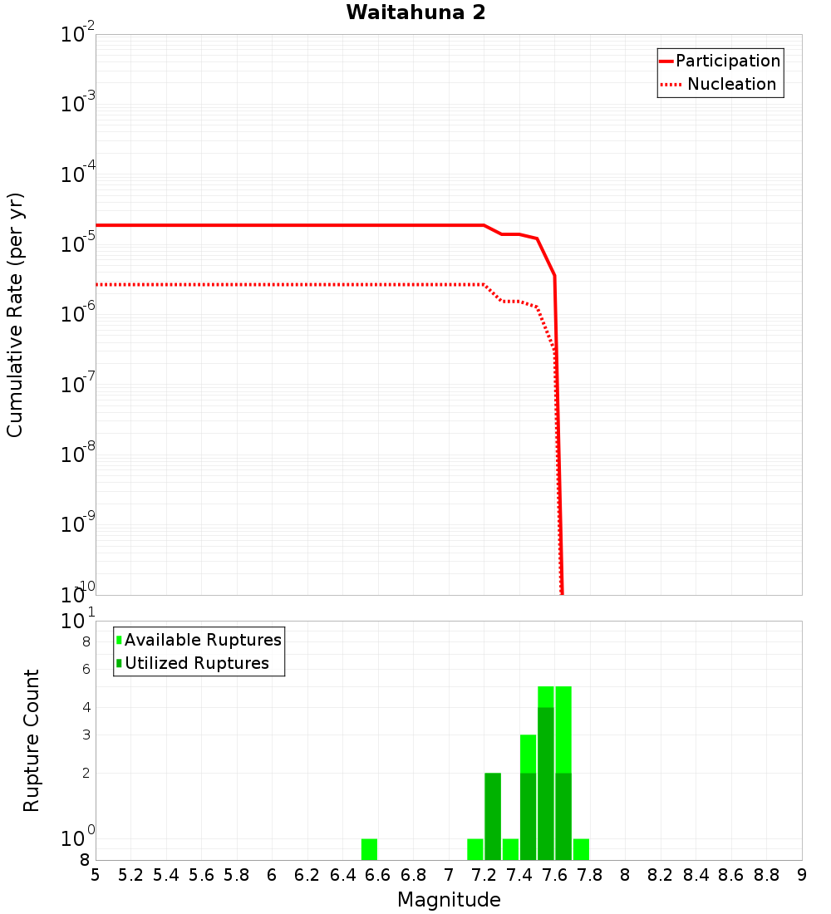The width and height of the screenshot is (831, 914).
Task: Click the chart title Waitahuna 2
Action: coord(415,12)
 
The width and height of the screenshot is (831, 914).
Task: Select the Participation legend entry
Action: coord(727,61)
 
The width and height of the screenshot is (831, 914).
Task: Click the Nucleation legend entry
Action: coord(730,84)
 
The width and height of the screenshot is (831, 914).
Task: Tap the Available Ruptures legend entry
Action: coord(202,640)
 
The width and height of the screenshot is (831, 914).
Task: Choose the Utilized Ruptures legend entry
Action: coord(196,663)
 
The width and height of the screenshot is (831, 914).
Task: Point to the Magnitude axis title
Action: coord(449,900)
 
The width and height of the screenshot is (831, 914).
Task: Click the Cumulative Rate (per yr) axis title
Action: coord(15,314)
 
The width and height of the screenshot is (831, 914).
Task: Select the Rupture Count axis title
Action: coord(32,740)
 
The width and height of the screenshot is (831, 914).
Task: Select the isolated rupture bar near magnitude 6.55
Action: coord(369,849)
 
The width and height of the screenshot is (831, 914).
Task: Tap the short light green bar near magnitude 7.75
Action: coord(581,849)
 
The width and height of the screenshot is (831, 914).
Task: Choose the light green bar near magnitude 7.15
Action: coord(475,849)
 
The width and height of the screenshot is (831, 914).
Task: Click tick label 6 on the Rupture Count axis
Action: coord(85,669)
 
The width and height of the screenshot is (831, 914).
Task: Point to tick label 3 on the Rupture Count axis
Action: coord(85,735)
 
